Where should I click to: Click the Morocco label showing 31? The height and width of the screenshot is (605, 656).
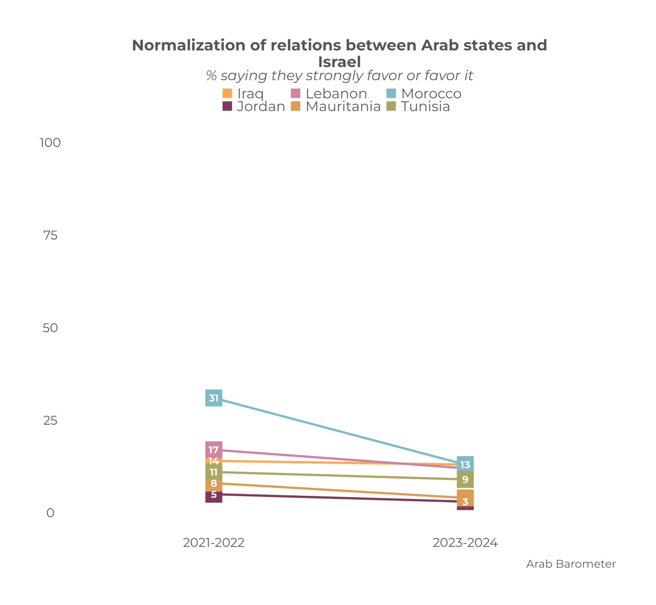coord(214,398)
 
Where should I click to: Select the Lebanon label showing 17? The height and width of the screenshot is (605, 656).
coord(214,449)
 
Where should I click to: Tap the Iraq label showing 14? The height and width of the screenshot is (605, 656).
coord(214,461)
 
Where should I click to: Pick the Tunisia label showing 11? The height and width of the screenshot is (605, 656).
coord(214,472)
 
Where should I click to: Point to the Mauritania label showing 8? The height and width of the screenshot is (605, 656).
coord(214,483)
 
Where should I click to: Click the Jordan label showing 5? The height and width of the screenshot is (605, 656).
coord(214,495)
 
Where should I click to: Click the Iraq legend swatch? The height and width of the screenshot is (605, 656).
coord(227,93)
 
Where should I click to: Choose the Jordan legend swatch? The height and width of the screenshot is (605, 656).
coord(227,106)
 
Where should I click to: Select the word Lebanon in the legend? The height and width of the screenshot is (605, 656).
coord(336,93)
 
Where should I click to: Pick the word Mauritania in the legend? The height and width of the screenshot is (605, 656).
coord(343,106)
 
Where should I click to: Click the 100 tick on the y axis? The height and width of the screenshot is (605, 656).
coord(50,143)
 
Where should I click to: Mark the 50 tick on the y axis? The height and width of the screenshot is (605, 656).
coord(50,328)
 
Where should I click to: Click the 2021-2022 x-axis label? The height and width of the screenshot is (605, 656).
coord(214,543)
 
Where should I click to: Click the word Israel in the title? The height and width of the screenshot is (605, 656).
coord(339,62)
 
